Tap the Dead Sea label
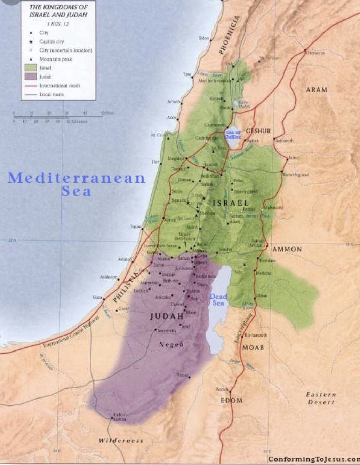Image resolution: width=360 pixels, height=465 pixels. pyautogui.click(x=218, y=300)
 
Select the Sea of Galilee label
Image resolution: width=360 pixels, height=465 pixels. pyautogui.click(x=233, y=134)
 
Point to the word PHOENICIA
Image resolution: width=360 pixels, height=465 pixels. pyautogui.click(x=229, y=35)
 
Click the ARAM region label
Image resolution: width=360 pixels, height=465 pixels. pyautogui.click(x=317, y=90)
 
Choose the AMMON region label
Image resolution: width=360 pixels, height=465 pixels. pyautogui.click(x=287, y=249)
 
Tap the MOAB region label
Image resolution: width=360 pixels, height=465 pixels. pyautogui.click(x=253, y=347)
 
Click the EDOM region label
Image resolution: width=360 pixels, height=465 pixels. pyautogui.click(x=231, y=400)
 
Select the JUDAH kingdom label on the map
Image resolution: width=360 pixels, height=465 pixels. pyautogui.click(x=167, y=316)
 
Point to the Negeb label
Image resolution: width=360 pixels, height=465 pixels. pyautogui.click(x=171, y=344)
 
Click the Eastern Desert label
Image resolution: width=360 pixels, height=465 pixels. pyautogui.click(x=321, y=398)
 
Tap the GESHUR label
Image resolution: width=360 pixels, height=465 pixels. pyautogui.click(x=258, y=131)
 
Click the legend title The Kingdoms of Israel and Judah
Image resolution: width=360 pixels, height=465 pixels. pyautogui.click(x=58, y=11)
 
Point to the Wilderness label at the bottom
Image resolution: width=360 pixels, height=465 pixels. pyautogui.click(x=121, y=441)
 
